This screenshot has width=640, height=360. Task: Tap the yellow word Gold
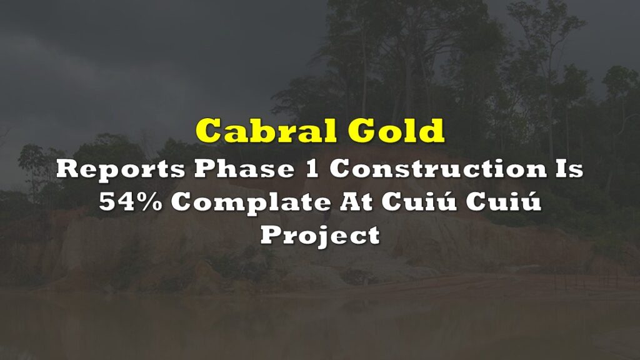click(396, 130)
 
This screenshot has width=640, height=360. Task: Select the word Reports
click(121, 169)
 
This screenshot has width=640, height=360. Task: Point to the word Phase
click(244, 168)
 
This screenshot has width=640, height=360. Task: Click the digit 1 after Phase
click(312, 168)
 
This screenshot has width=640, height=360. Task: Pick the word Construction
click(438, 168)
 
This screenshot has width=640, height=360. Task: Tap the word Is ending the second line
click(569, 168)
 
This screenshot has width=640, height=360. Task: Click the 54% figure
click(130, 202)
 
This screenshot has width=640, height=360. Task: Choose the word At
click(356, 202)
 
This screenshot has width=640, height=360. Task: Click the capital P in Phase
click(206, 169)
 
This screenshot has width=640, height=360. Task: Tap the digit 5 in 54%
click(106, 202)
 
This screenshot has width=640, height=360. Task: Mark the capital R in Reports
click(67, 169)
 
